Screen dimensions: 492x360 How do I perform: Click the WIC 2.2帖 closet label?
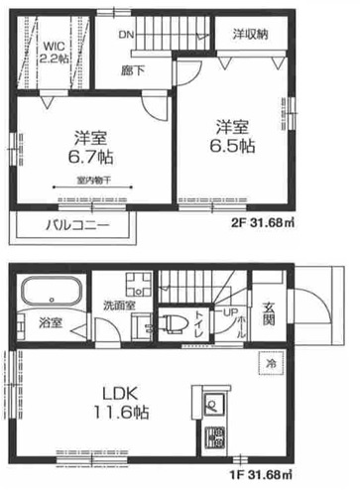tap(53, 51)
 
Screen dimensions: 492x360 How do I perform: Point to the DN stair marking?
tap(127, 33)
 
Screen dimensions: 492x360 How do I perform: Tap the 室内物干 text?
tap(94, 180)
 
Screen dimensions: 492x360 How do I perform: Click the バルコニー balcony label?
tap(75, 225)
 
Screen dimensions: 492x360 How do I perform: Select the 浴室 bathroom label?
tap(51, 322)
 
